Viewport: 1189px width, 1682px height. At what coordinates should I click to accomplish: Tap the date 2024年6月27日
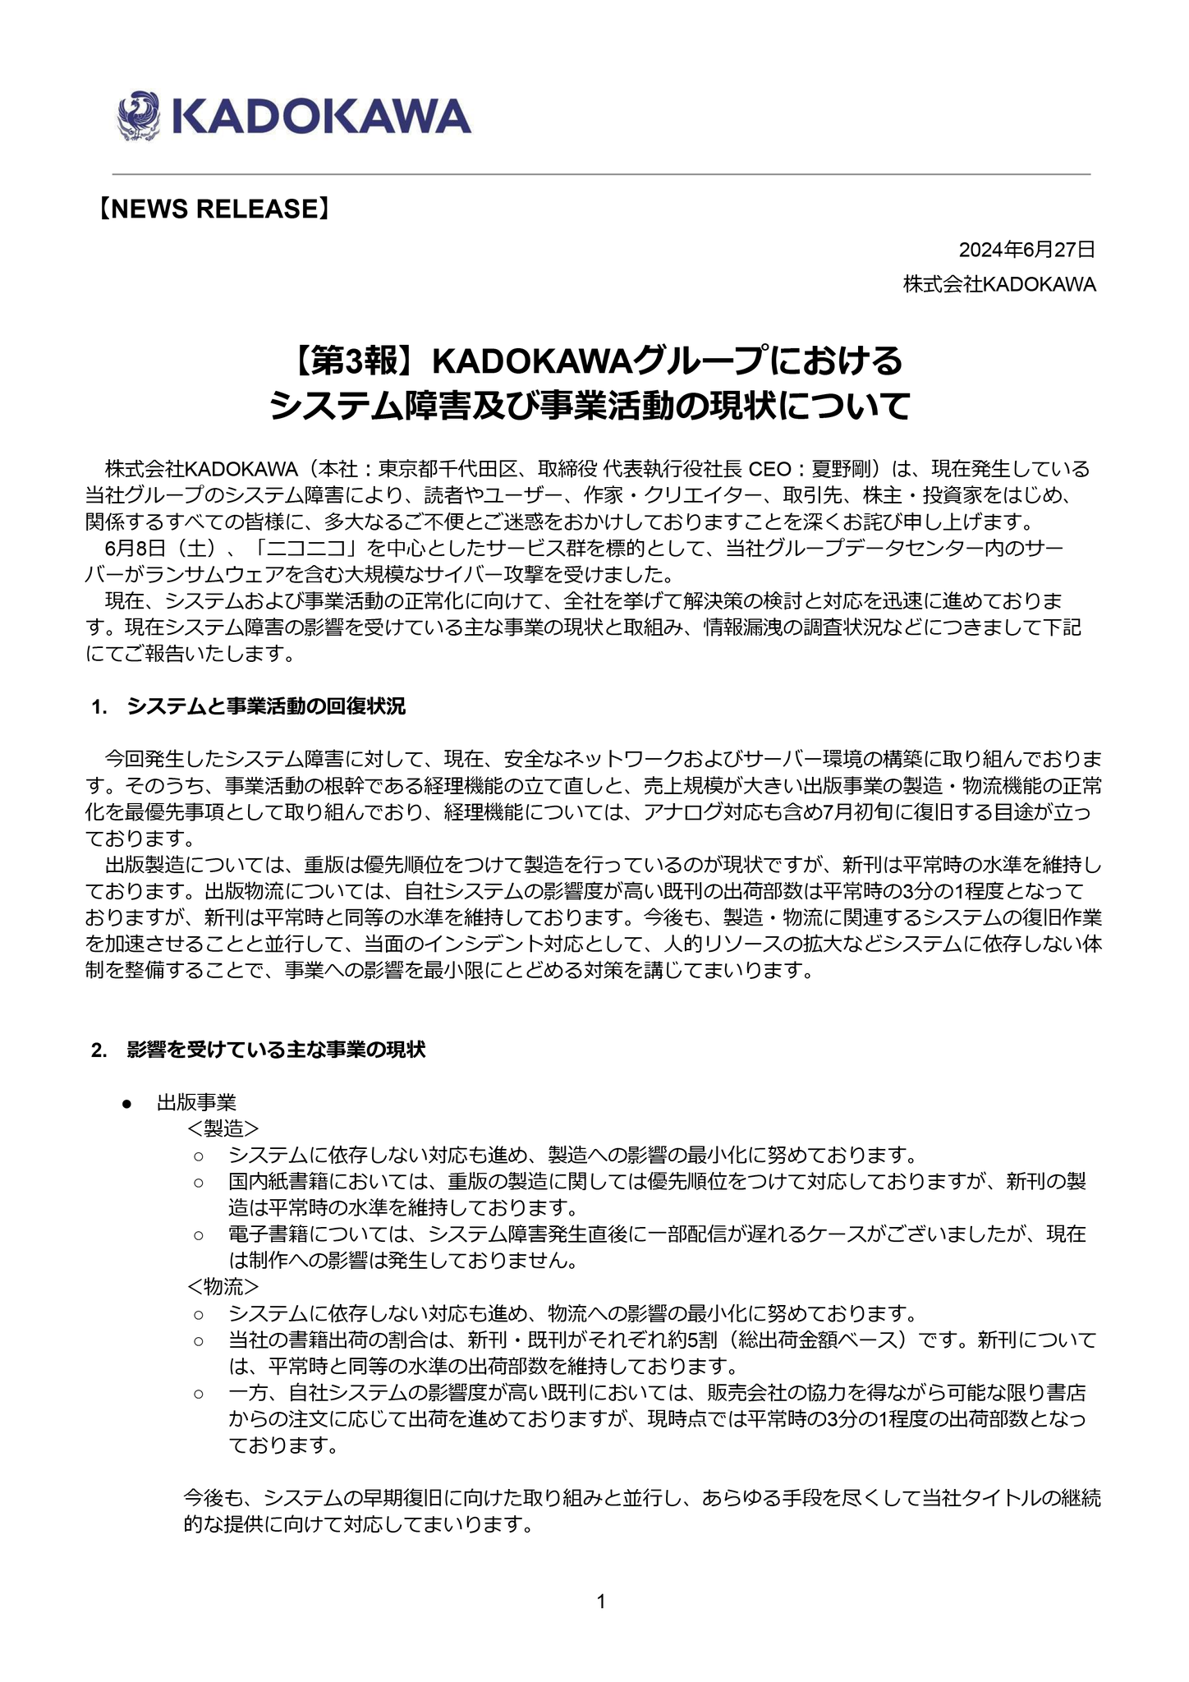click(x=1026, y=250)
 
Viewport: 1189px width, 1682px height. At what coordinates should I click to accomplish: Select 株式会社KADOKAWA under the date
click(x=999, y=285)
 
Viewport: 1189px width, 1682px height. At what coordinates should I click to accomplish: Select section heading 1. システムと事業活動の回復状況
click(x=250, y=707)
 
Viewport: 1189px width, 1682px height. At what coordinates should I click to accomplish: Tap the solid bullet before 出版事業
click(x=127, y=1105)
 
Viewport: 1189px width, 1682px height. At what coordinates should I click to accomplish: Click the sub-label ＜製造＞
click(x=223, y=1128)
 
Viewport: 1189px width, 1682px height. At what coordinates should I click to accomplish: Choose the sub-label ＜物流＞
click(x=223, y=1286)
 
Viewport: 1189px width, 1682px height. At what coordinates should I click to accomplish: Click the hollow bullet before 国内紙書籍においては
click(x=198, y=1183)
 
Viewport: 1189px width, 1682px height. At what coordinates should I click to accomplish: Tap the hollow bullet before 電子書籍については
click(x=198, y=1235)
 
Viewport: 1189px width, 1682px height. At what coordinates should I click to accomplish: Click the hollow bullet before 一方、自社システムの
click(x=198, y=1393)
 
